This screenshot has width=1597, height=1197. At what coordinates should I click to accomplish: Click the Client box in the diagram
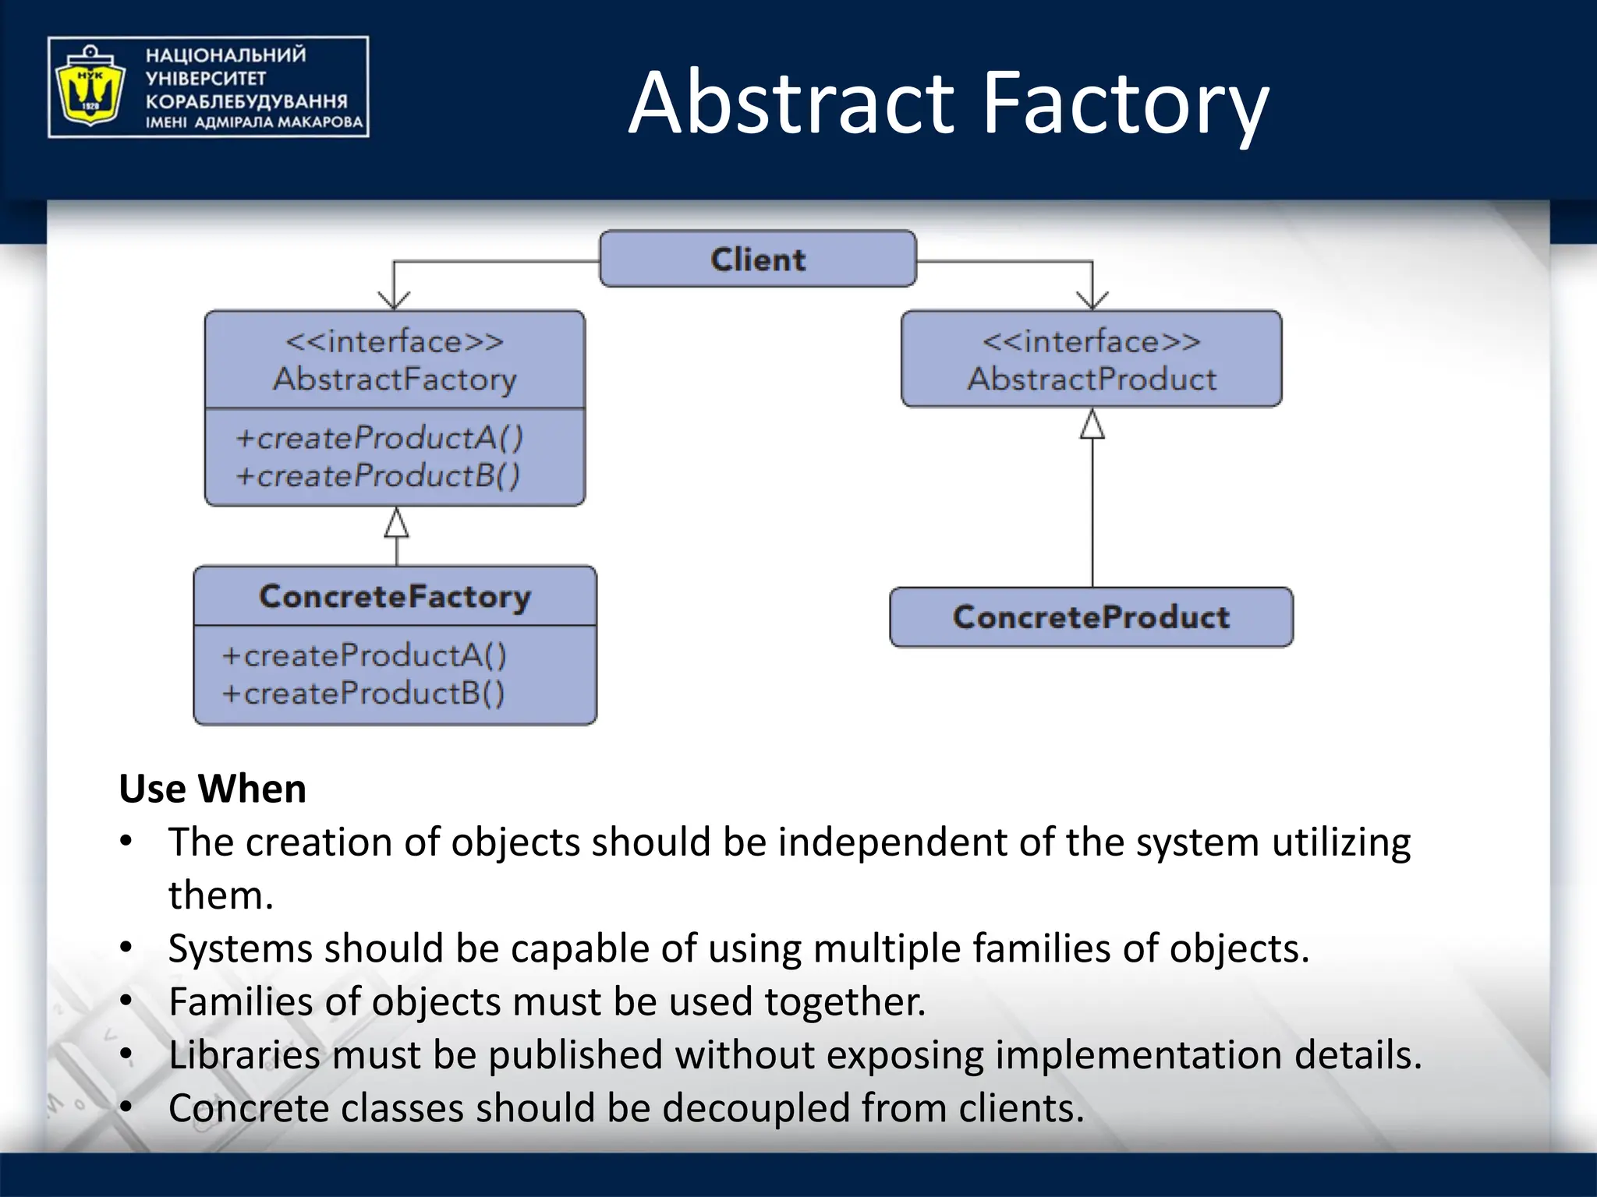757,259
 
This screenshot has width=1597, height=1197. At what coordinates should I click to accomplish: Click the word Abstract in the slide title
791,103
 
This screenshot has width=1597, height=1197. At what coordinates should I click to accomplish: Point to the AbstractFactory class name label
395,380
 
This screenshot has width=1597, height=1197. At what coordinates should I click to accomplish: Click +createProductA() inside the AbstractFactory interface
379,438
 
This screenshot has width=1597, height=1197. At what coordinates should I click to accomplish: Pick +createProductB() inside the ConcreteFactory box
363,693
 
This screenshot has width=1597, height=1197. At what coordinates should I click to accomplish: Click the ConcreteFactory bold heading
395,596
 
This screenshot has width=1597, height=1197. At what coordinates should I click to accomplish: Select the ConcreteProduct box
1091,617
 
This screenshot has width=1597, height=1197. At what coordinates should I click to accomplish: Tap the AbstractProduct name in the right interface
1092,380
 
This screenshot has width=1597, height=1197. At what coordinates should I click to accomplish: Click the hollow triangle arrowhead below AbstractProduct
1092,425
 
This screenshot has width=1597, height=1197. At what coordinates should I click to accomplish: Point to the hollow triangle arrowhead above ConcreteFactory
397,524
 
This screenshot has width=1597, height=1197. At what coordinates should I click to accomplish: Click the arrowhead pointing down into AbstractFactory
394,300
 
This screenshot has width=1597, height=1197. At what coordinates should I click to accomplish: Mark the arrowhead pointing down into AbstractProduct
1092,300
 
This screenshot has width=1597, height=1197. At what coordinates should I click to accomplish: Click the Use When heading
212,789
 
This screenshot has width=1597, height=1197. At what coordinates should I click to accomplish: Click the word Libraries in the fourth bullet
244,1055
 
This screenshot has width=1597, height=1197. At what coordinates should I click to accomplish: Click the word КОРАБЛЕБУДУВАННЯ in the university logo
246,101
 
